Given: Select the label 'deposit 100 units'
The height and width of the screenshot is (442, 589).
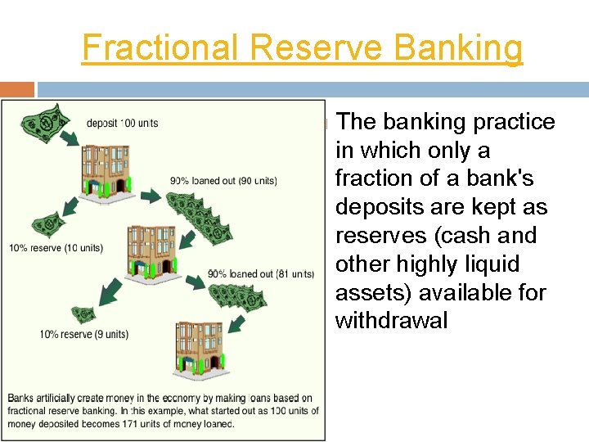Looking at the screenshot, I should pyautogui.click(x=122, y=124).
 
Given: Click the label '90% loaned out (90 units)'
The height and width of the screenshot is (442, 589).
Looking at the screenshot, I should pyautogui.click(x=223, y=181).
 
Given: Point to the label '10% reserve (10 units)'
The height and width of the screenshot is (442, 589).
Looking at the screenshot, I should pyautogui.click(x=56, y=248).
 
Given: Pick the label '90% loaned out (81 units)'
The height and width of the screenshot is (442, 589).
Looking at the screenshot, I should pyautogui.click(x=260, y=274).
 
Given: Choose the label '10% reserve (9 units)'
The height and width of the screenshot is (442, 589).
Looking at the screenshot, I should pyautogui.click(x=84, y=334).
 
